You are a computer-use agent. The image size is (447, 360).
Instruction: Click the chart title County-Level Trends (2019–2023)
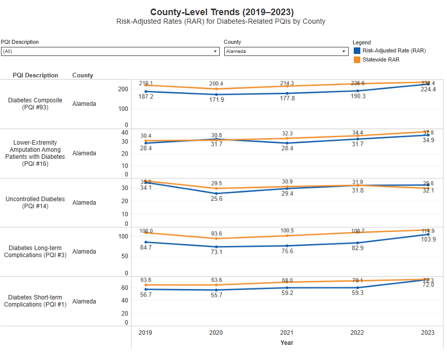pos(222,12)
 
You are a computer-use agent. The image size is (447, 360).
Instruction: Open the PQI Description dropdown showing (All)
pos(109,51)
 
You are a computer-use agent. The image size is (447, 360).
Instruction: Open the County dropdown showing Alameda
pos(286,51)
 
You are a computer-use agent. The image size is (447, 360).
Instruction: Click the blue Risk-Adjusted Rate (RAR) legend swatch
pos(357,50)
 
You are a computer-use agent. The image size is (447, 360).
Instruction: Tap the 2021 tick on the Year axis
pos(287,332)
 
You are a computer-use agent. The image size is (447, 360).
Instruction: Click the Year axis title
pos(287,343)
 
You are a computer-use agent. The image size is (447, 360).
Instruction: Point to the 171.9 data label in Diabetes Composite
pos(216,100)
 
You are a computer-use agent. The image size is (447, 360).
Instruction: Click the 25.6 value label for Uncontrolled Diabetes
pos(216,199)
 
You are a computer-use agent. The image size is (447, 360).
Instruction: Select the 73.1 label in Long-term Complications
pos(216,252)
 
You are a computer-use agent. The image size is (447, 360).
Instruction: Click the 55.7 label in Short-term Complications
pos(216,295)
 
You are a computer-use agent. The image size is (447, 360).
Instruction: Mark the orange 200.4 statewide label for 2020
pos(216,84)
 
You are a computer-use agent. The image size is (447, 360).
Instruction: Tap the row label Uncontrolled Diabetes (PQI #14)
pos(35,202)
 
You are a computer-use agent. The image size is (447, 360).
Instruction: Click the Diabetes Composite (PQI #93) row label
pos(35,103)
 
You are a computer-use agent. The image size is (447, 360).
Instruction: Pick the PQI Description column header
pos(35,75)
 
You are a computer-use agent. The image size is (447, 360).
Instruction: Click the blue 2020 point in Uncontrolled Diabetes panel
pos(216,194)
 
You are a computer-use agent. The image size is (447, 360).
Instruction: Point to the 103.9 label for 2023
pos(428,239)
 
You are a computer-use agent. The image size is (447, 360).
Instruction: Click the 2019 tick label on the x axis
pos(145,332)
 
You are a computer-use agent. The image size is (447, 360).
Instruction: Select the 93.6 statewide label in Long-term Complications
pos(216,233)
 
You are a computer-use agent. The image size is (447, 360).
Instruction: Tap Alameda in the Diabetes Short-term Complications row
pos(84,302)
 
